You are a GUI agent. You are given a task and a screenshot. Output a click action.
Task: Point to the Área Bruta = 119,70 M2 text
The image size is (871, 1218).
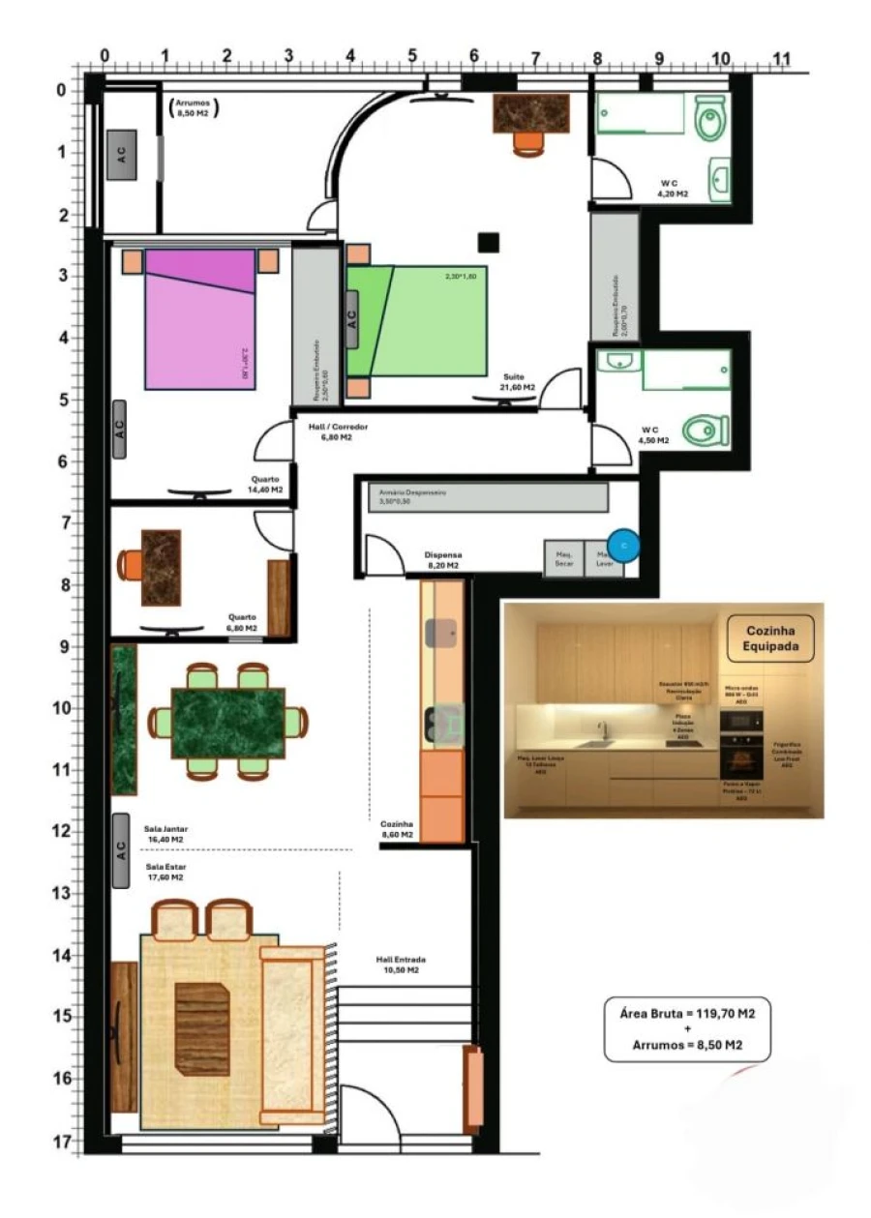coord(688,1013)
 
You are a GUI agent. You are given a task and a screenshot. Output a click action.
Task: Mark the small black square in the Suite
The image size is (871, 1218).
coord(488,242)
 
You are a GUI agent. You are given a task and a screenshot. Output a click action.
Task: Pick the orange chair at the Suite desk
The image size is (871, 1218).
coord(528,143)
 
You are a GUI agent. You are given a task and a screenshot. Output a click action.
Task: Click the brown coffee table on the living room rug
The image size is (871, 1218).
coord(202,1028)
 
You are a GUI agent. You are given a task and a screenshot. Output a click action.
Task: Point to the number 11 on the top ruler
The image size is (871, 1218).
coord(782,59)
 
